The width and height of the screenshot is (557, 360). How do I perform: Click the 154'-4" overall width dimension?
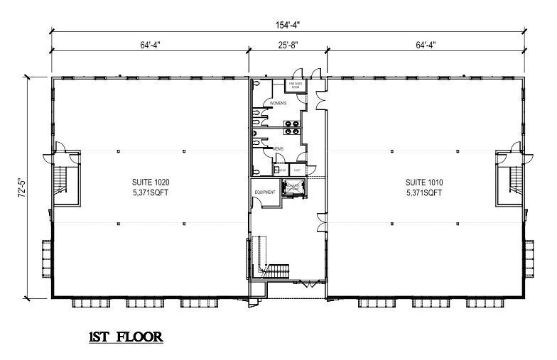tap(286, 25)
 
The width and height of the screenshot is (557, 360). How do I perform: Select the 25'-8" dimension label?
tap(287, 44)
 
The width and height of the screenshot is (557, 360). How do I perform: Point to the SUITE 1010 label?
tap(424, 182)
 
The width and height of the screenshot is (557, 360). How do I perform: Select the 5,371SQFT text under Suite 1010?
tap(424, 192)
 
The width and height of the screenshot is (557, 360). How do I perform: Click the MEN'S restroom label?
tap(278, 148)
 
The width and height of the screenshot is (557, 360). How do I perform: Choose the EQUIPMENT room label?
tap(265, 192)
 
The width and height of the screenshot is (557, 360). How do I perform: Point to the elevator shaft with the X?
tap(292, 188)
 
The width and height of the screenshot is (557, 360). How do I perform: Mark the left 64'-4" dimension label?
tap(150, 44)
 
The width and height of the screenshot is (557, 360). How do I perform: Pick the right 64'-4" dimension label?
tap(424, 44)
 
